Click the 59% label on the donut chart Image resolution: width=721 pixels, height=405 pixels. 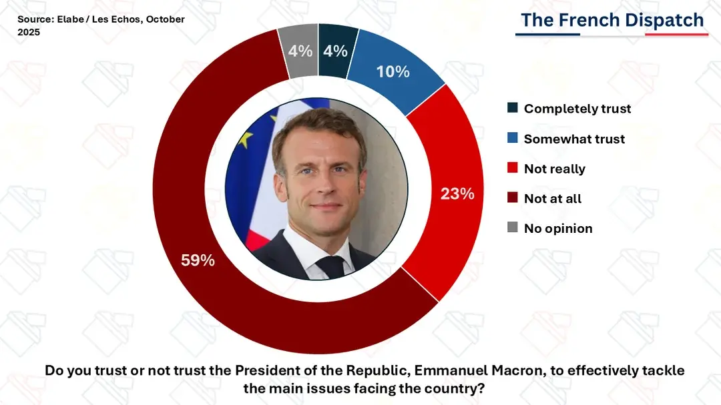click(198, 261)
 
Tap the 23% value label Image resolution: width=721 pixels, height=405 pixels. click(457, 193)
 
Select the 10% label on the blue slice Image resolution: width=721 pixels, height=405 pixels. click(393, 71)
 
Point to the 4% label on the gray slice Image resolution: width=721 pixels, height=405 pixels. click(300, 51)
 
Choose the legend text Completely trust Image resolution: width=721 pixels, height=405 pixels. click(577, 109)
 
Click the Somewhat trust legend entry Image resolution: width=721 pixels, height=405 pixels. click(574, 139)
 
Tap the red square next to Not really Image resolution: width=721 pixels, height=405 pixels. click(513, 168)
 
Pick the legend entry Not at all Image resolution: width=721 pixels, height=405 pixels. click(552, 198)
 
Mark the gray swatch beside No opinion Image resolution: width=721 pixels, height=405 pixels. click(513, 228)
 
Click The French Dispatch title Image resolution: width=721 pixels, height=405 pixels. click(612, 20)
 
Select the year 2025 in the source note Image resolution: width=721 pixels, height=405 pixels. click(29, 32)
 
